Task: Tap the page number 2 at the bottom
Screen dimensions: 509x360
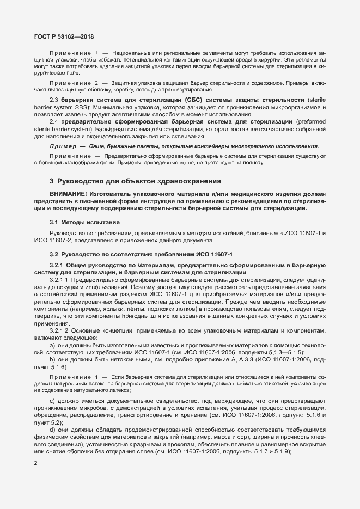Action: (x=35, y=464)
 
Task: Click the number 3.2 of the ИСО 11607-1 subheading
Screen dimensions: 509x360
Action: (x=54, y=254)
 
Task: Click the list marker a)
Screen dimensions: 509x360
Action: (x=52, y=345)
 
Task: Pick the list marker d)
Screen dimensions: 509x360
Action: (x=52, y=430)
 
